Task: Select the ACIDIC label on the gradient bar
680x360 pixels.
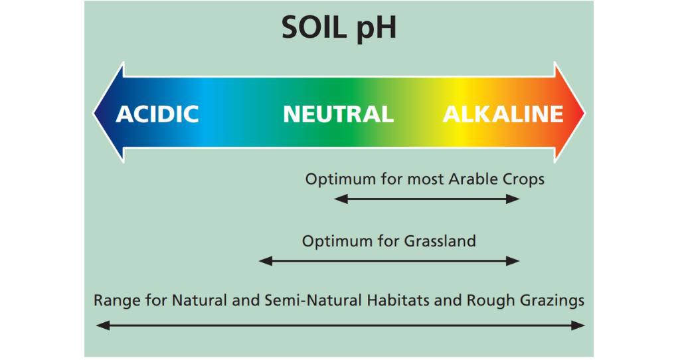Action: point(157,114)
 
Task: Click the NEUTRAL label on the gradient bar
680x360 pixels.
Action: point(338,114)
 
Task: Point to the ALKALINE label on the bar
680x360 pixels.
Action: point(503,114)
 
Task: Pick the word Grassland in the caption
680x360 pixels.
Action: point(440,240)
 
